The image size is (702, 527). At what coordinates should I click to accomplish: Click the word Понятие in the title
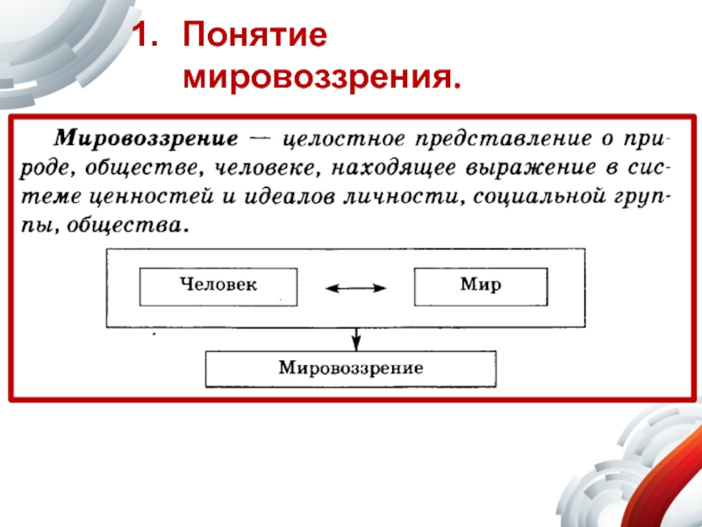pyautogui.click(x=254, y=38)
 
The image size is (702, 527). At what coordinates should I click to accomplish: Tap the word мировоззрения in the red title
pyautogui.click(x=321, y=79)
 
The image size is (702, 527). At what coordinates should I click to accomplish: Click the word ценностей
pyautogui.click(x=161, y=195)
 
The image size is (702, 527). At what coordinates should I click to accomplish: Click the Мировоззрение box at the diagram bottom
pyautogui.click(x=351, y=369)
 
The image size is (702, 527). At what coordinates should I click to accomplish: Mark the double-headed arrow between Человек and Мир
pyautogui.click(x=355, y=287)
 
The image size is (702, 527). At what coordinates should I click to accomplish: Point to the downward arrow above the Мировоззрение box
pyautogui.click(x=355, y=337)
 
